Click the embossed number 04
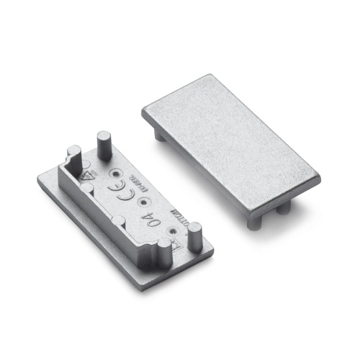pos(148,221)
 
